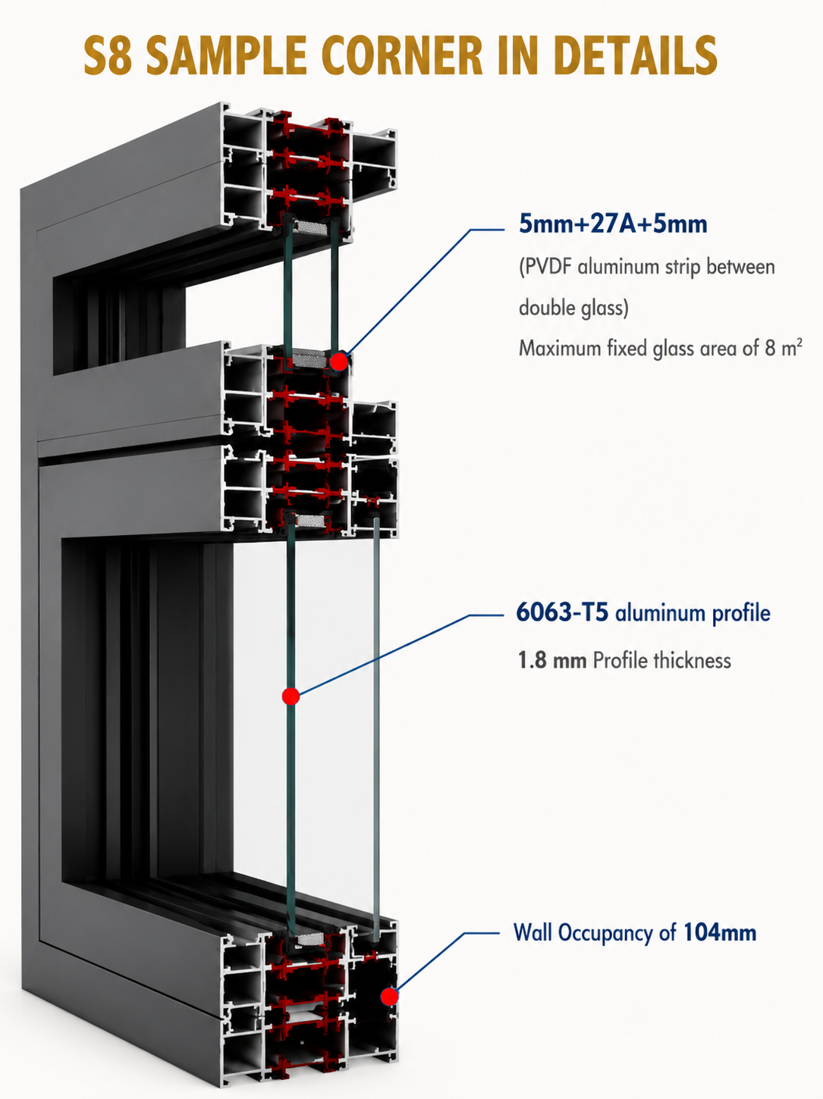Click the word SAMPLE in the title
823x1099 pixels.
pos(226,55)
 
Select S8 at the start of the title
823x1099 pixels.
pos(108,55)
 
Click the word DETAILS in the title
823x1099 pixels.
pos(636,55)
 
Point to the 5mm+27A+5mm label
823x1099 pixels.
pos(613,224)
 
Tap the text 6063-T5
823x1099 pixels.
pos(562,612)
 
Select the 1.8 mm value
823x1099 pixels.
pos(552,660)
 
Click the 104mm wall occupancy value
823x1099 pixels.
pos(720,933)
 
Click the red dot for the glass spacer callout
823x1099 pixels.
pos(339,361)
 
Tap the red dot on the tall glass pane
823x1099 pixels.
pos(291,696)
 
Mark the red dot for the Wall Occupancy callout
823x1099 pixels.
pos(389,997)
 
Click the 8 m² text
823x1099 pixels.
pos(784,347)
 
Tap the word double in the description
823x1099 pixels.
pos(548,307)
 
